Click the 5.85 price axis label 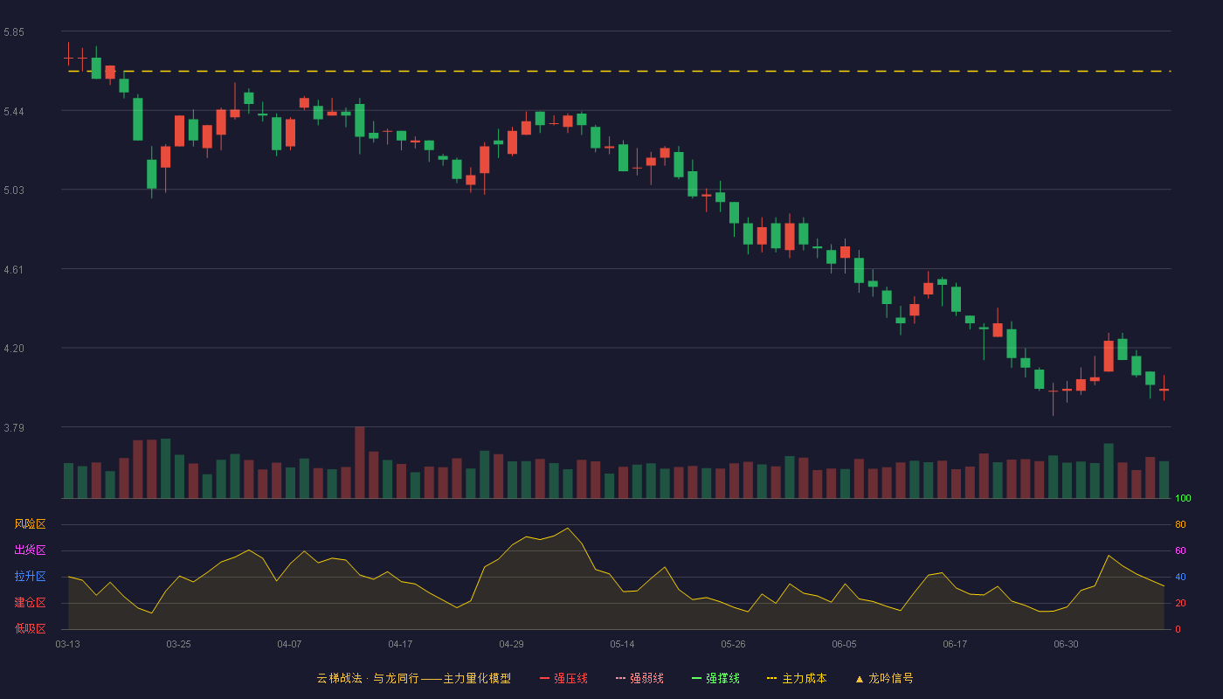[x=14, y=32]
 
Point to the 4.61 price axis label [x=14, y=270]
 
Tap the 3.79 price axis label [x=14, y=427]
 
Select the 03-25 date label [x=178, y=645]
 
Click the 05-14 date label [x=622, y=645]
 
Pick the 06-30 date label [x=1067, y=645]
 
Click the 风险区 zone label [x=30, y=524]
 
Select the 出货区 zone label [x=30, y=550]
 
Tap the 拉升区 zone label [x=30, y=576]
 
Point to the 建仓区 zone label [x=30, y=602]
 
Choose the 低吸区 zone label [x=30, y=628]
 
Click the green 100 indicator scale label [x=1183, y=498]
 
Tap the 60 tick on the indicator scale [x=1180, y=550]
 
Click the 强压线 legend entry [x=563, y=679]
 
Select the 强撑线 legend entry [x=715, y=679]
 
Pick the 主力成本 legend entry [x=797, y=679]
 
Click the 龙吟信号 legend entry [x=884, y=679]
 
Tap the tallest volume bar [x=360, y=462]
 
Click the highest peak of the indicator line [x=568, y=528]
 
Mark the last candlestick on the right [x=1164, y=389]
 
